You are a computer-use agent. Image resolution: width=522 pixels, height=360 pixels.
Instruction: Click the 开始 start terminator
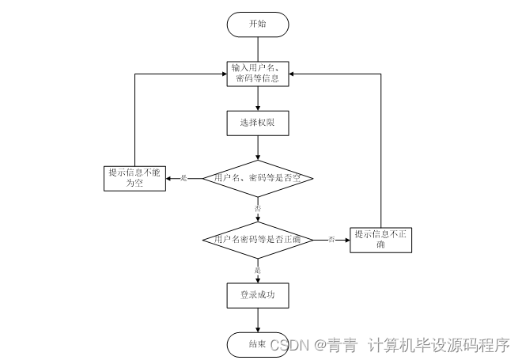click(258, 24)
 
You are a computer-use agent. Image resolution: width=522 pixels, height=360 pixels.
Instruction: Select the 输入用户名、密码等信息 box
click(258, 74)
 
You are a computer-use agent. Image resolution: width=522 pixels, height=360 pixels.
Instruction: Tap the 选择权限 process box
click(258, 123)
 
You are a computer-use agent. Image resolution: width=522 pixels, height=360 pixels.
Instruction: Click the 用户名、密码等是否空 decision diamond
click(258, 178)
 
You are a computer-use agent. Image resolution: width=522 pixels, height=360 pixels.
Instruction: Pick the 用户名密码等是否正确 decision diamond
click(258, 238)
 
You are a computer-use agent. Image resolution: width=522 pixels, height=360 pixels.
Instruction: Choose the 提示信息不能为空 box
click(135, 178)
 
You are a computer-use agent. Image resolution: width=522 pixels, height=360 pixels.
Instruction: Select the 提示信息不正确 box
click(380, 239)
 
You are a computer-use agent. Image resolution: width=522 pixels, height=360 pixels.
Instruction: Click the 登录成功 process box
click(258, 295)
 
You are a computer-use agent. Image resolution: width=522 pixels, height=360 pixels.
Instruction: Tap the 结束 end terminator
click(256, 344)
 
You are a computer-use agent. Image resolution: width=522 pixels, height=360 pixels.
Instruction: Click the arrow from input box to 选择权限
click(258, 98)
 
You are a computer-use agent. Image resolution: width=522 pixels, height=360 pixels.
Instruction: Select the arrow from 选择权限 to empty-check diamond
click(258, 147)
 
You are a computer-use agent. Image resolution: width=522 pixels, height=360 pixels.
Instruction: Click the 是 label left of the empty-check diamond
click(184, 178)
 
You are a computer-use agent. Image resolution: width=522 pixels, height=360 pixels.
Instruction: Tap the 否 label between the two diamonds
click(258, 208)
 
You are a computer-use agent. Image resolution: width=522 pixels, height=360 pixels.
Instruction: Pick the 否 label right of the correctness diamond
click(331, 238)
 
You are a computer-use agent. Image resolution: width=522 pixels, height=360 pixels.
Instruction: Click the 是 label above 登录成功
click(258, 270)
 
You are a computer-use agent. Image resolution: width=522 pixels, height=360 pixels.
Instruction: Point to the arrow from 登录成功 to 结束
click(258, 320)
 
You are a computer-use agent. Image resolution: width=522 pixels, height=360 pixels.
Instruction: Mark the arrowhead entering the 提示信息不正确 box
click(346, 238)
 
